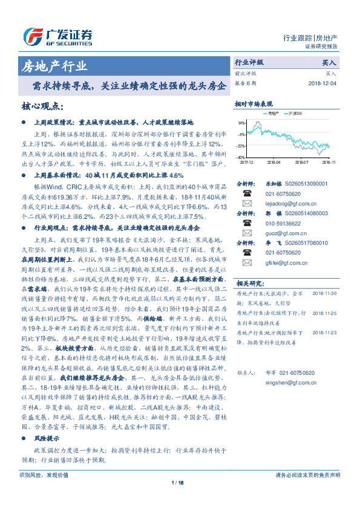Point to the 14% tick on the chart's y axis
pyautogui.click(x=241, y=123)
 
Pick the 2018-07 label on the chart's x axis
pyautogui.click(x=301, y=162)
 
